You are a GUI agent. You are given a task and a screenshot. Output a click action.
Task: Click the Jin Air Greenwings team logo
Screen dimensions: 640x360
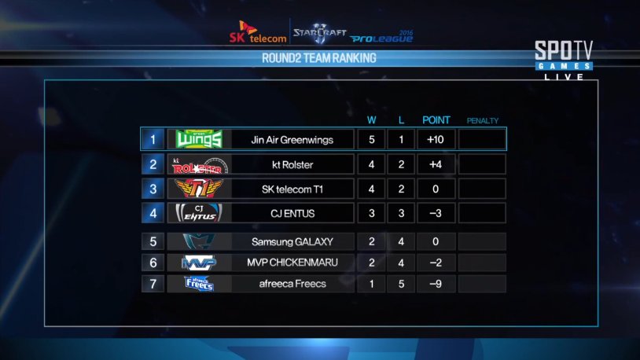point(199,140)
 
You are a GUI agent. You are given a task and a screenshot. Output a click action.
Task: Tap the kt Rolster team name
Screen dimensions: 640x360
point(292,165)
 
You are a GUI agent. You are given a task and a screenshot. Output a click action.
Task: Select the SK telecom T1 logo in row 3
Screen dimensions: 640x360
point(199,189)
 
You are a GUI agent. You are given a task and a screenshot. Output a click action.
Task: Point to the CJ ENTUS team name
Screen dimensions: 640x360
point(292,213)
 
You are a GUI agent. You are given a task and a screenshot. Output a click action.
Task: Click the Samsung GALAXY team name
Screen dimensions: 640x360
point(292,241)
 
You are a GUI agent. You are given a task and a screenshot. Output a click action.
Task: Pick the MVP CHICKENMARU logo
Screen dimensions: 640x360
point(199,263)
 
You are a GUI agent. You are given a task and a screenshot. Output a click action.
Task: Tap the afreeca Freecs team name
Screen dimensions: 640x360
point(292,284)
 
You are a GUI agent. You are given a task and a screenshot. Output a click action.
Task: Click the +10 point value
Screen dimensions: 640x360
point(436,140)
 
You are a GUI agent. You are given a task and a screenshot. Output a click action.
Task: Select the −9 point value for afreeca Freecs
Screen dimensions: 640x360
point(436,284)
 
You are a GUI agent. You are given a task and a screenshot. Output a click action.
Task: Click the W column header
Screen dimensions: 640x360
point(372,120)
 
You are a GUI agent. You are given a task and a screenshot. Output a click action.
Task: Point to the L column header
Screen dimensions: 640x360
point(401,120)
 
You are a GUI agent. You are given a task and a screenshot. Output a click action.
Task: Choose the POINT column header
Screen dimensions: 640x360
point(436,120)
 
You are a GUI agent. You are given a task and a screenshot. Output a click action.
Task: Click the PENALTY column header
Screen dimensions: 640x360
point(482,120)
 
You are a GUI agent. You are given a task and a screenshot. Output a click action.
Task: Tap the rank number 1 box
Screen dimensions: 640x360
point(153,140)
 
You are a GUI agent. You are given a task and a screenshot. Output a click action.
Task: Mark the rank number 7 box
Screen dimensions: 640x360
point(153,284)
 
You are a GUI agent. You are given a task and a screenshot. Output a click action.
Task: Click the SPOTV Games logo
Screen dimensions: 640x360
point(563,59)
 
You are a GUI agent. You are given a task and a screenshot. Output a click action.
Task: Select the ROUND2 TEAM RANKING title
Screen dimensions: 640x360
point(318,58)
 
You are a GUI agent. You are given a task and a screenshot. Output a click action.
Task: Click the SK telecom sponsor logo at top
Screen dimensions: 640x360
point(256,33)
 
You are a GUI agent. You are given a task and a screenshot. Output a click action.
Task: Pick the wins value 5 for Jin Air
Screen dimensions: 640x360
point(371,140)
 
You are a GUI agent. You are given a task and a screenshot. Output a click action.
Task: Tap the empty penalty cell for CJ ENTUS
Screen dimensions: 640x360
point(481,213)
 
